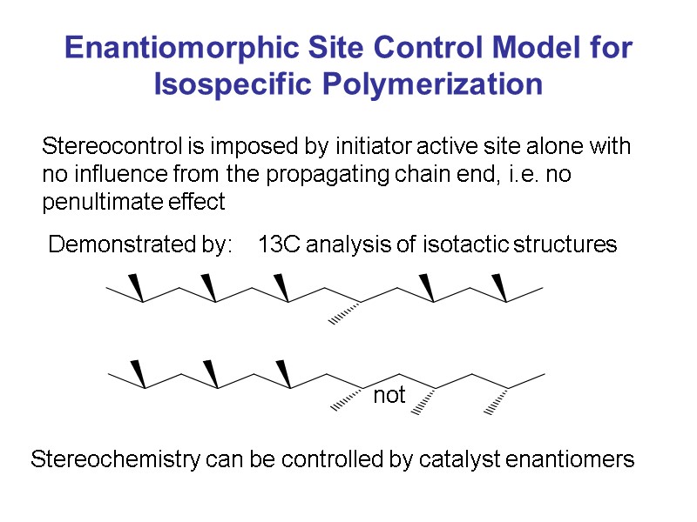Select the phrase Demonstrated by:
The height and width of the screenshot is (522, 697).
click(140, 245)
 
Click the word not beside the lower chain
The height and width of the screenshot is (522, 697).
click(389, 396)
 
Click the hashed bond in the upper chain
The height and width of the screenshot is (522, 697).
click(345, 313)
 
